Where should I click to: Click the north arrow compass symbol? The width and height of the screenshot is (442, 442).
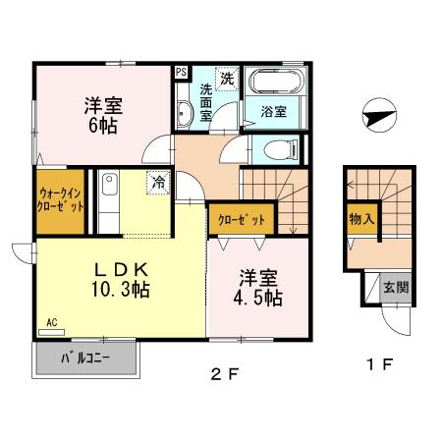378,116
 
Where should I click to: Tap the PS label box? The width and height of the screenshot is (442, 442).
181,71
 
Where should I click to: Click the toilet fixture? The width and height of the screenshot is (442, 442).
281,149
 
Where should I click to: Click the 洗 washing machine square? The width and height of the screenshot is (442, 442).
226,78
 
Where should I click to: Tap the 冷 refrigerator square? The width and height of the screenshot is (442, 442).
157,181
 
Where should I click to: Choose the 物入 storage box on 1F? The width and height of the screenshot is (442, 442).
360,219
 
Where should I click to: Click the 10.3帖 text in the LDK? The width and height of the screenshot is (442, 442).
121,290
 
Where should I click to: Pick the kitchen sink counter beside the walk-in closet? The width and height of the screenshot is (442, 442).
108,200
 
